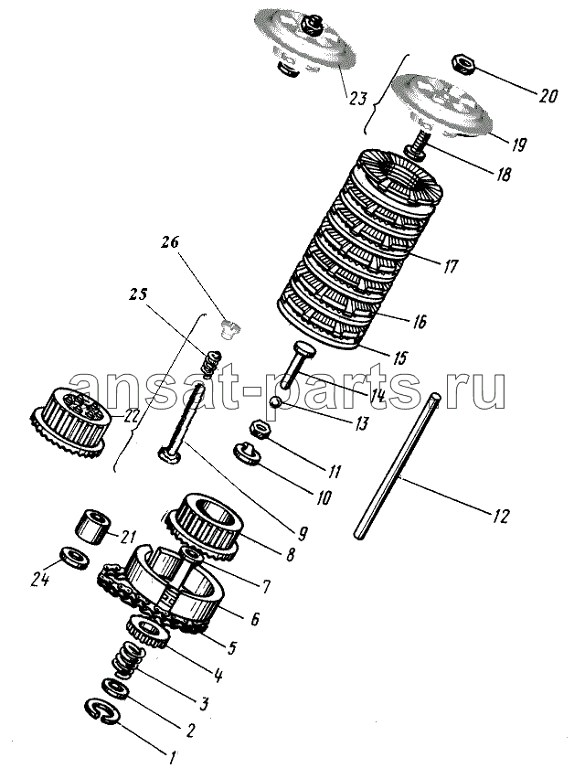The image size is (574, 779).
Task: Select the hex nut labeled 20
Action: [462, 63]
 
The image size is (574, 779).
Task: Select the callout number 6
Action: [255, 619]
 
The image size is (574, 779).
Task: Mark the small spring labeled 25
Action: [211, 364]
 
